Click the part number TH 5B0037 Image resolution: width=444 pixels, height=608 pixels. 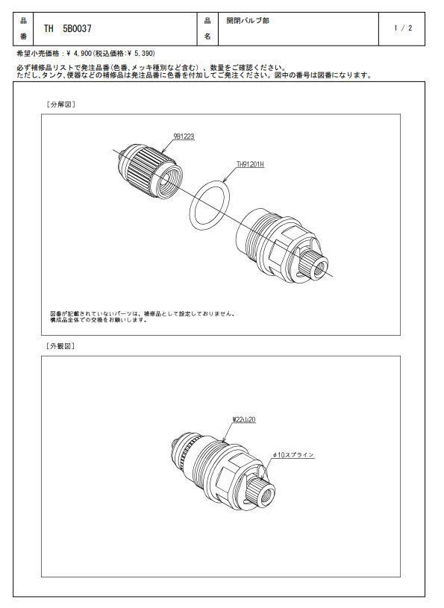pyautogui.click(x=67, y=28)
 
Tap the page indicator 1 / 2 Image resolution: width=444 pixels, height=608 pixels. pyautogui.click(x=403, y=28)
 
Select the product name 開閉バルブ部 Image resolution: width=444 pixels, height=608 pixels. pyautogui.click(x=248, y=21)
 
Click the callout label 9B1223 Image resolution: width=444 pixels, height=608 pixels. pyautogui.click(x=184, y=137)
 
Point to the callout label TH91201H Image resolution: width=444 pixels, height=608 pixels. pyautogui.click(x=250, y=164)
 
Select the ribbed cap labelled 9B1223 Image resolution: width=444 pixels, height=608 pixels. pyautogui.click(x=149, y=171)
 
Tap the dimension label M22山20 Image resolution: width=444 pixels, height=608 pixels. pyautogui.click(x=244, y=419)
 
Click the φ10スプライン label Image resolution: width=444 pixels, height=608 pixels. pyautogui.click(x=293, y=454)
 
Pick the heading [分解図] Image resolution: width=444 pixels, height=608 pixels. pyautogui.click(x=61, y=104)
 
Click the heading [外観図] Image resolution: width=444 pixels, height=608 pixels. pyautogui.click(x=60, y=346)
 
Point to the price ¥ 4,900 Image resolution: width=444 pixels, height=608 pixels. pyautogui.click(x=80, y=53)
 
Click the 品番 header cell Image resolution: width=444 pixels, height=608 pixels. pyautogui.click(x=24, y=28)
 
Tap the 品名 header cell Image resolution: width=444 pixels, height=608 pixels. pyautogui.click(x=207, y=28)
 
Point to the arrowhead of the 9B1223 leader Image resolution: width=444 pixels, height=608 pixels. pyautogui.click(x=161, y=151)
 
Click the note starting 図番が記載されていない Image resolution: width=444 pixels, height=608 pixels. pyautogui.click(x=143, y=317)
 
